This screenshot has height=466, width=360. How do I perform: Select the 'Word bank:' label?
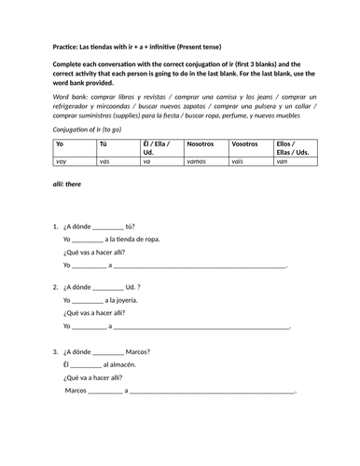pos(72,97)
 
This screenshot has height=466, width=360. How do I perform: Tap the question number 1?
pos(55,227)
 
